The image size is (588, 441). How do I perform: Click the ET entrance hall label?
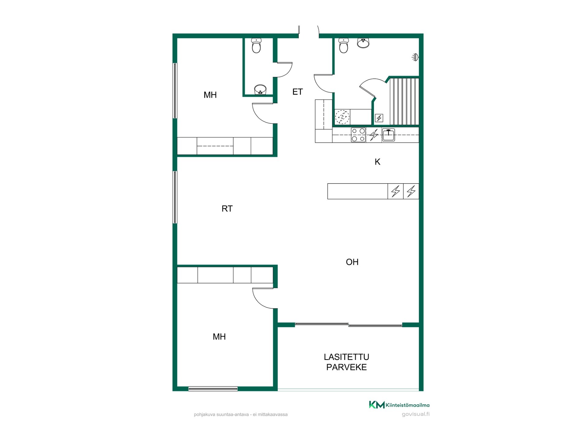click(297, 92)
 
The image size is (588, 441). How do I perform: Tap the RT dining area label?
click(227, 209)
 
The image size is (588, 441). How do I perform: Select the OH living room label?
click(352, 262)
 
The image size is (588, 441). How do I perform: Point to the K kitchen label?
click(378, 162)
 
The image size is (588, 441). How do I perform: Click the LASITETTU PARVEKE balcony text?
click(347, 362)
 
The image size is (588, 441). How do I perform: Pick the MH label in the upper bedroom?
click(210, 95)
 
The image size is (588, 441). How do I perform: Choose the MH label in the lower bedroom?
click(219, 337)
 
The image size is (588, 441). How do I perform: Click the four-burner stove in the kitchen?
click(358, 135)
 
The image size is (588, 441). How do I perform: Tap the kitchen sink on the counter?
click(388, 135)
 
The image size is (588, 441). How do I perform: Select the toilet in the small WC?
click(256, 45)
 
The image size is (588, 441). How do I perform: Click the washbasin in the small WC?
click(260, 90)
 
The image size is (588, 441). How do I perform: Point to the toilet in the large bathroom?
click(344, 45)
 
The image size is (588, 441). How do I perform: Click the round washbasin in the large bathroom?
click(363, 43)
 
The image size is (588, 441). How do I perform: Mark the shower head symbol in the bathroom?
click(415, 57)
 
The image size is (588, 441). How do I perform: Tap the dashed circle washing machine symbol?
click(342, 117)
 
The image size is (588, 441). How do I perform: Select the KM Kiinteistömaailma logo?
click(399, 405)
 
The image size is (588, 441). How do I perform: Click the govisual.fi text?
click(416, 414)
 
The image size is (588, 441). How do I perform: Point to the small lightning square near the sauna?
click(379, 118)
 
